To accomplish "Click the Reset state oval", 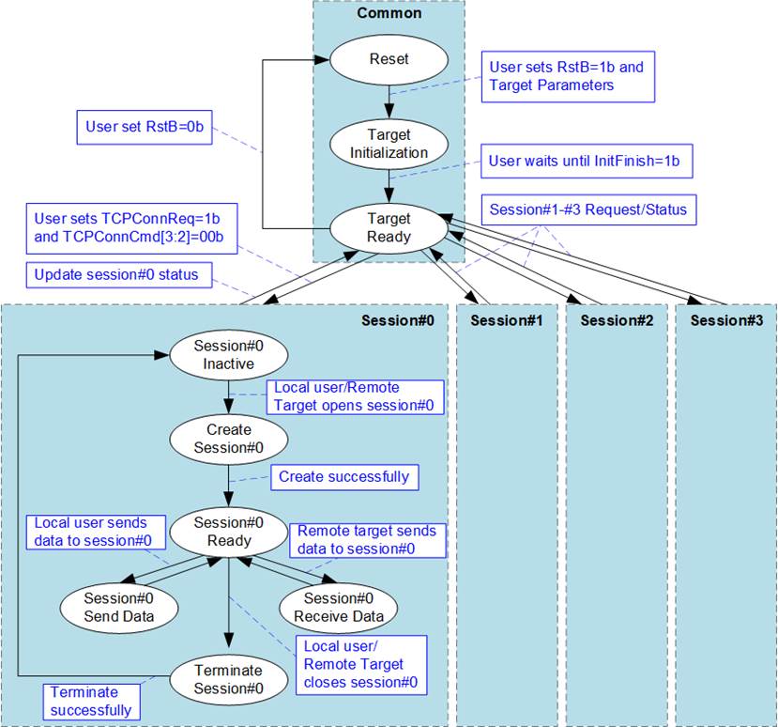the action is [389, 59].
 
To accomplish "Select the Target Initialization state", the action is [389, 144].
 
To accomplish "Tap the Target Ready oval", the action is [389, 228].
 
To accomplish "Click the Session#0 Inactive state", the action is [229, 355].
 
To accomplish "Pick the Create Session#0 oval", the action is [229, 439].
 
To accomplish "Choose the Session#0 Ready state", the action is [229, 532].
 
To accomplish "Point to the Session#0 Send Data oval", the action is [119, 608].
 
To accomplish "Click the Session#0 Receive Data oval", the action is [339, 608].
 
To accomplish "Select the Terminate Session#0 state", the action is [229, 680].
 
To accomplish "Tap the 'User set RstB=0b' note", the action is [145, 127].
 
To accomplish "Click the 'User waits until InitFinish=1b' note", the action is [587, 161].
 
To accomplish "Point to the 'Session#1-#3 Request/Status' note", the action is [588, 209].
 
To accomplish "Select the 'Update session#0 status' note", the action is [119, 275].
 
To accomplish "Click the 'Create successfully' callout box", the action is [344, 477].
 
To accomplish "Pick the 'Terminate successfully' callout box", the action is [91, 702].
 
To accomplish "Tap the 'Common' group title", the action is [389, 13].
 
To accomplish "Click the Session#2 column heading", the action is [617, 321].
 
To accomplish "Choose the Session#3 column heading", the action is [726, 321].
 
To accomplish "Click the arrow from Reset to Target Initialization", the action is [389, 102].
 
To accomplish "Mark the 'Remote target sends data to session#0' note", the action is [368, 540].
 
